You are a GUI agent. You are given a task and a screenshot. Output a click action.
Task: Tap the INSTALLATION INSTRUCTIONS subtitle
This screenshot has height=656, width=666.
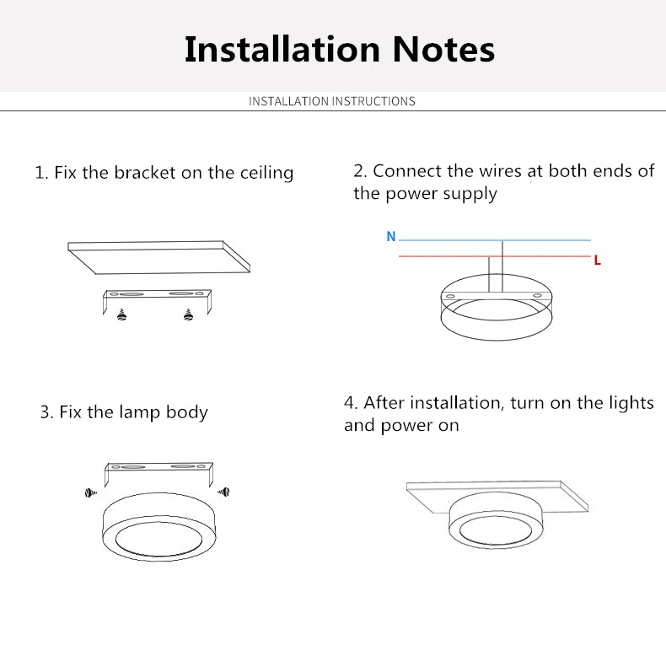pyautogui.click(x=332, y=101)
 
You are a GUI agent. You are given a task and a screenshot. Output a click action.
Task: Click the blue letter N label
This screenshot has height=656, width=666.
pyautogui.click(x=391, y=237)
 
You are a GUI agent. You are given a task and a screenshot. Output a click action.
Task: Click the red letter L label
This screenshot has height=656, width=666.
pyautogui.click(x=597, y=261)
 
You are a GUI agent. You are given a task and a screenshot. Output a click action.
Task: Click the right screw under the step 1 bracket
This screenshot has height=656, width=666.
pyautogui.click(x=187, y=315)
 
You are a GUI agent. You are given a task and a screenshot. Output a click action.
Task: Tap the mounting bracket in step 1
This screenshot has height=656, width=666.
pyautogui.click(x=157, y=296)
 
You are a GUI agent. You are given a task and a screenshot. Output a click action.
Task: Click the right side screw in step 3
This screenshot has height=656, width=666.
pyautogui.click(x=223, y=491)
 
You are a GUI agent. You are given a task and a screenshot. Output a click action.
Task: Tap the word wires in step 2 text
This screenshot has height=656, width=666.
pyautogui.click(x=500, y=170)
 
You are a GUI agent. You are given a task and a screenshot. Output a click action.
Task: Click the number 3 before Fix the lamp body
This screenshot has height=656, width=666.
pyautogui.click(x=46, y=413)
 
